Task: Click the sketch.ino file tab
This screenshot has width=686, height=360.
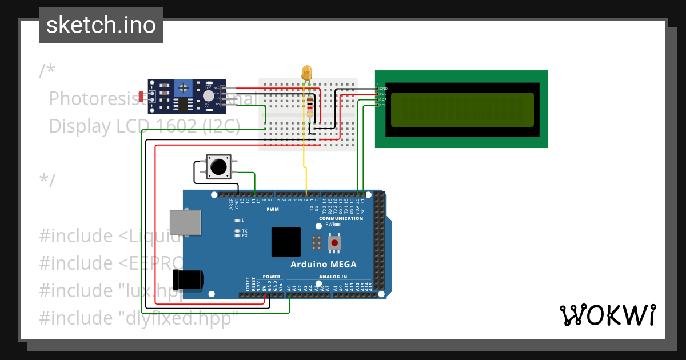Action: (x=101, y=25)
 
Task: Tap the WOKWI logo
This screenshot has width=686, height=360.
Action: (x=607, y=315)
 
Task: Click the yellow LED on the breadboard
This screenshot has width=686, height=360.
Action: (x=307, y=73)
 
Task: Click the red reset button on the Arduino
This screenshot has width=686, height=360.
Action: (x=334, y=243)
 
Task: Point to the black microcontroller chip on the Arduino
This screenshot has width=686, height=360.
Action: (x=286, y=242)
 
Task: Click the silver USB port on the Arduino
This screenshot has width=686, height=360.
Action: (x=185, y=222)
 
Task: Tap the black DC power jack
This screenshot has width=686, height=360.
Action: (x=189, y=279)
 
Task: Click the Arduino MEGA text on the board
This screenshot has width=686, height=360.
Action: (x=323, y=264)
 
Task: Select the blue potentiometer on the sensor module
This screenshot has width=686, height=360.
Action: (x=183, y=88)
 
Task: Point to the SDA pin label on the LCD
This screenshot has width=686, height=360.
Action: (x=383, y=99)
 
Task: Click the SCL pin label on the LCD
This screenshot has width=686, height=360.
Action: (x=383, y=105)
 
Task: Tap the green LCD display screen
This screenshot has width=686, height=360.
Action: (x=462, y=109)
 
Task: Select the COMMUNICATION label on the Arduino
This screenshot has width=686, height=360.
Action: (x=341, y=218)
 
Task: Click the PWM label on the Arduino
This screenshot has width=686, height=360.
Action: (x=272, y=209)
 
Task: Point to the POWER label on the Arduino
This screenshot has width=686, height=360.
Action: (x=272, y=277)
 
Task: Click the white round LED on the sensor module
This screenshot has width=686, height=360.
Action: (x=209, y=96)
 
